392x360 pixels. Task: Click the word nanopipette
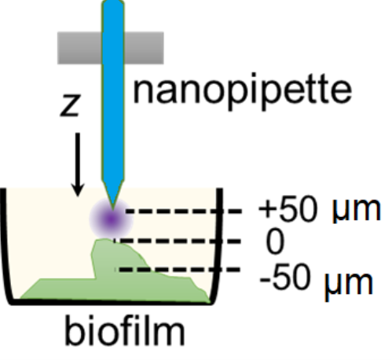point(243,90)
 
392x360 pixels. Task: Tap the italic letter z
point(70,105)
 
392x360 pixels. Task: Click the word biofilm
point(125,331)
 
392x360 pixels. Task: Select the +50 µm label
point(320,211)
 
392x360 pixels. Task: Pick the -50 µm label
point(317,281)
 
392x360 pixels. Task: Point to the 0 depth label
point(275,242)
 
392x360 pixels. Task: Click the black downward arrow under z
point(78,164)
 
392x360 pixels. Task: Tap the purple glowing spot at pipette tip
point(112,219)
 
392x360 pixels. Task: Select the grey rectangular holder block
point(111,48)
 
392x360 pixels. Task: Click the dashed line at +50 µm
point(184,211)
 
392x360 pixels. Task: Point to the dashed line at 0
point(177,241)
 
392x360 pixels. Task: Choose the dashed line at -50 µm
point(177,269)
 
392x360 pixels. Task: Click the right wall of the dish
point(218,245)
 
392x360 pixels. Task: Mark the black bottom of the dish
point(112,302)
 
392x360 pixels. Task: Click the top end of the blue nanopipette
point(113,2)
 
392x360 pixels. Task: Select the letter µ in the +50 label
point(339,211)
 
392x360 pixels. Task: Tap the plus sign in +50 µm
point(266,211)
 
